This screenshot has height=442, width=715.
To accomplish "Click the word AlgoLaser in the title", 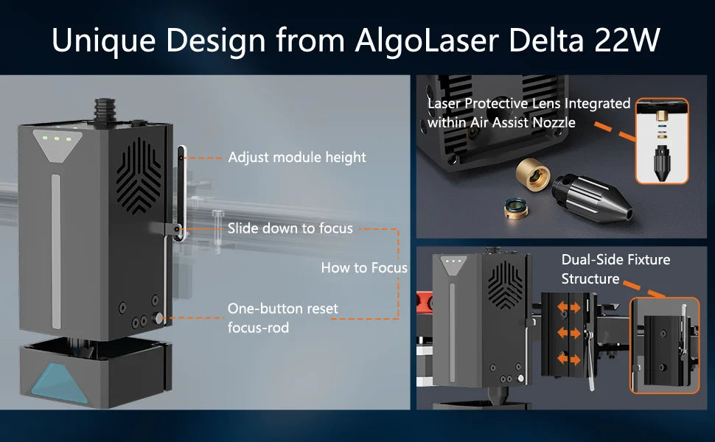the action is pyautogui.click(x=427, y=41).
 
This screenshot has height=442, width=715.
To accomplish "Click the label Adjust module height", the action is pyautogui.click(x=297, y=157).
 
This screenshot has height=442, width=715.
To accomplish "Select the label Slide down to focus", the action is pyautogui.click(x=290, y=228).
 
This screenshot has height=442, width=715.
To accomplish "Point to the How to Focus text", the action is pyautogui.click(x=364, y=267).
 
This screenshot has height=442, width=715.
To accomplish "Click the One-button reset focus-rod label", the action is pyautogui.click(x=283, y=318).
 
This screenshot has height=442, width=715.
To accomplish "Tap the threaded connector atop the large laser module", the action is pyautogui.click(x=105, y=110).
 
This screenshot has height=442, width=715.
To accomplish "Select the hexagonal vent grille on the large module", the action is pyautogui.click(x=139, y=176).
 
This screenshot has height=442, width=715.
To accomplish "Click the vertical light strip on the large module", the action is pyautogui.click(x=55, y=250).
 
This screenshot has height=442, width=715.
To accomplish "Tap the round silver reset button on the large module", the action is pyautogui.click(x=159, y=318).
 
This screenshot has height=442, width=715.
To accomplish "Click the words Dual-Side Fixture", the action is pyautogui.click(x=615, y=260).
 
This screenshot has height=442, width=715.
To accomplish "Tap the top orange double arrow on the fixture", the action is pyautogui.click(x=568, y=308).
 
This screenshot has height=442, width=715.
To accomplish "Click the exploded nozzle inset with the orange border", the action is pyautogui.click(x=662, y=141).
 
